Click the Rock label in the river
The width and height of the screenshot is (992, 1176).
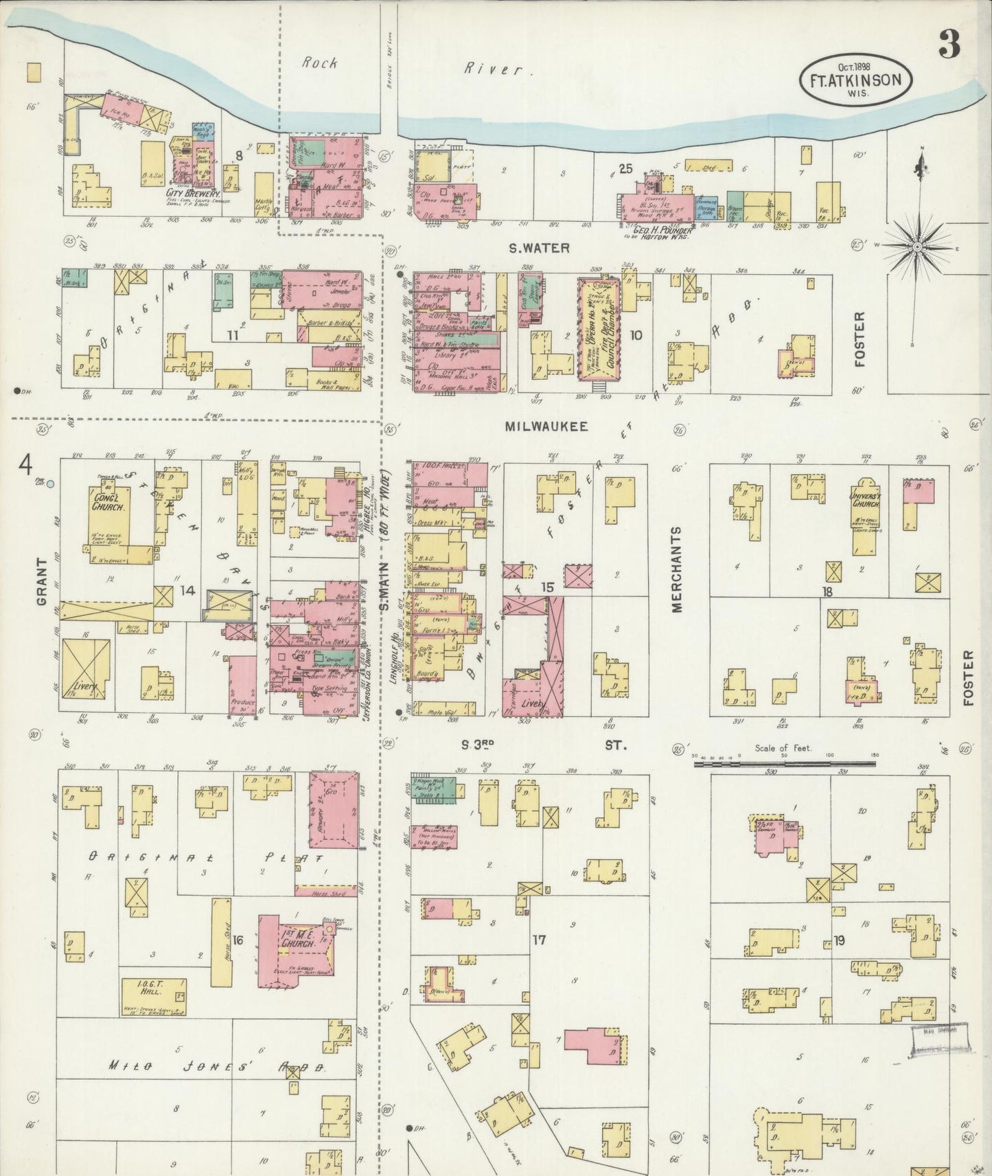[x=320, y=63]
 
